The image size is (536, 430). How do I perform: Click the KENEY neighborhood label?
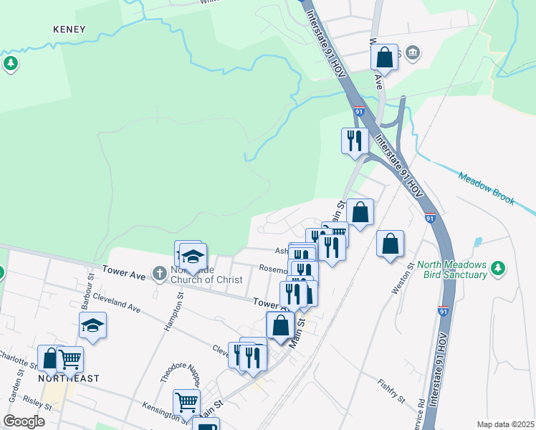coord(70,29)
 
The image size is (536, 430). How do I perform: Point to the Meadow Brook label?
coord(487,188)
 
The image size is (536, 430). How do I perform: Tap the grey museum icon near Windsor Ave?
coord(413,52)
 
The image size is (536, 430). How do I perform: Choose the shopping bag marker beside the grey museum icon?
coord(385,57)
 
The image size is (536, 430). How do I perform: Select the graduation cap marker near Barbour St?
coord(92,325)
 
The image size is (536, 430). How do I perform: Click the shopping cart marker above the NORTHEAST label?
coord(70,358)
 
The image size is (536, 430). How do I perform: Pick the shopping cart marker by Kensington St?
coord(186,402)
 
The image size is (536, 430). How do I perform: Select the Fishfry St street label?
coord(391,391)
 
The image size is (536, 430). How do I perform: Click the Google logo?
coord(24,421)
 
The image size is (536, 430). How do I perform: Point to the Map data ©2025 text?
coord(504,424)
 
